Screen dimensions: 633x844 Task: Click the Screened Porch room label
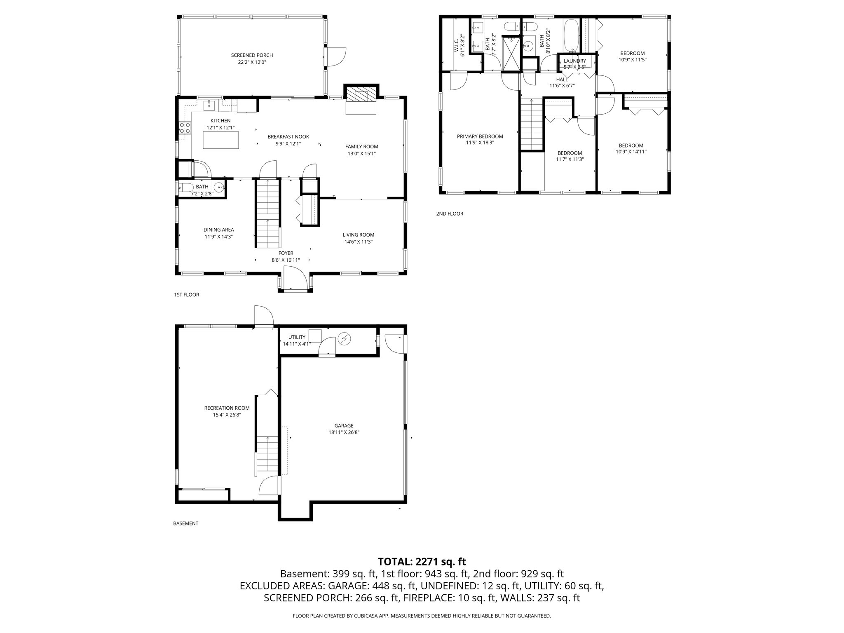click(x=252, y=55)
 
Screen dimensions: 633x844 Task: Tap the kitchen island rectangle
click(x=221, y=140)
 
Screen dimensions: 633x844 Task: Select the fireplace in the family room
click(x=361, y=96)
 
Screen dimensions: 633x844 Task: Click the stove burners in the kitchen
click(x=185, y=128)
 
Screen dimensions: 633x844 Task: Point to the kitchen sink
click(x=210, y=105)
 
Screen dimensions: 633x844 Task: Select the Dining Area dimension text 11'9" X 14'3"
click(x=219, y=237)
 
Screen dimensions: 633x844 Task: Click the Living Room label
click(x=358, y=235)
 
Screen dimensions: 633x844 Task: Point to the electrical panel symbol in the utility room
click(x=344, y=339)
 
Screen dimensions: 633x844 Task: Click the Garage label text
click(x=344, y=426)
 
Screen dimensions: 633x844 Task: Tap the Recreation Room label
click(x=227, y=408)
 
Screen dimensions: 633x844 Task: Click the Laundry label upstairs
click(x=574, y=61)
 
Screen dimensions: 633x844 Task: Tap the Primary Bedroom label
click(x=480, y=136)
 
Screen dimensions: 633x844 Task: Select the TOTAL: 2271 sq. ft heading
click(x=422, y=561)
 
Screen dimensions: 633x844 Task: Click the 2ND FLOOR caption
click(x=450, y=214)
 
